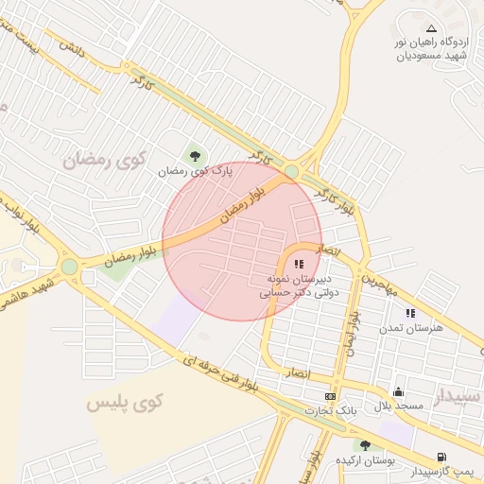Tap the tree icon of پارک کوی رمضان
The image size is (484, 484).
click(x=196, y=155)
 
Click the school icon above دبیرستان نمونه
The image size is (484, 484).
click(x=299, y=264)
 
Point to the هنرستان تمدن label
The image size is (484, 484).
click(x=405, y=327)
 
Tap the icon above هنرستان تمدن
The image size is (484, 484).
click(x=410, y=312)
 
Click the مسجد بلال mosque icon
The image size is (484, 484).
click(x=398, y=391)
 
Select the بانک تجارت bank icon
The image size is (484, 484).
click(x=330, y=396)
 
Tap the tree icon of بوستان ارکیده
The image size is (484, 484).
click(x=365, y=445)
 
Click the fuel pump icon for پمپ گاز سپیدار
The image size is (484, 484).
click(x=441, y=457)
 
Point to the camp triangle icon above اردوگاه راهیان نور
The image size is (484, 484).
click(x=432, y=29)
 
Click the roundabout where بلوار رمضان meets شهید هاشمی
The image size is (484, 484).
click(x=69, y=266)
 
